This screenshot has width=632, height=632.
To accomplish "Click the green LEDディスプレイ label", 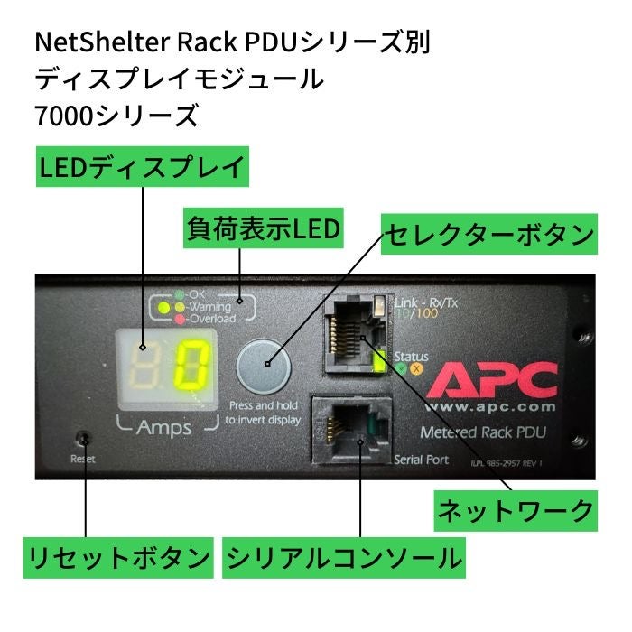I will pos(142,167).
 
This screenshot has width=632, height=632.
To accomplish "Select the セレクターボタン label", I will pos(488,237).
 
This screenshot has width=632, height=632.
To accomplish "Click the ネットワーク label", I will pos(516,511).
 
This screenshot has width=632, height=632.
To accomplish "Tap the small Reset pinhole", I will pos(84,440).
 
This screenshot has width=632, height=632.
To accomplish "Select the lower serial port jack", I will pos(351,431).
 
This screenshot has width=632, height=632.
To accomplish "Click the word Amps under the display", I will pos(163,428).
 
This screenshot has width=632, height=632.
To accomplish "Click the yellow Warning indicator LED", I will pos(165,307).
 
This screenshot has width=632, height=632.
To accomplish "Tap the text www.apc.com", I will pos(492,407).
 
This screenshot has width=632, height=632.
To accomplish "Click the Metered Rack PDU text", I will pos(488,433).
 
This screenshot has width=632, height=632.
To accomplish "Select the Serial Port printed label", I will pos(422,460).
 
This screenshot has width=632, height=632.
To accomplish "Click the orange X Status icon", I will pos(416,368).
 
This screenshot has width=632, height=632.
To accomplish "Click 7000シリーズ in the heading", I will pos(116,116).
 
